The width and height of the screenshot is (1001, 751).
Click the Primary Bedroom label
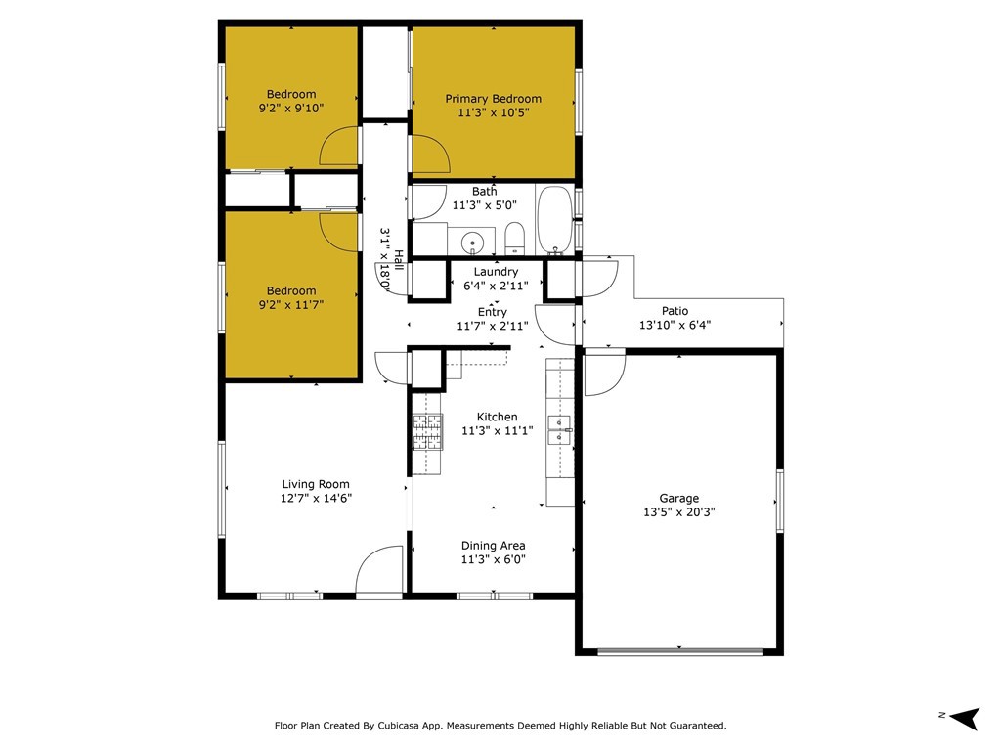click(x=493, y=99)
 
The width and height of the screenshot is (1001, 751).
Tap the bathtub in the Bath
click(x=555, y=220)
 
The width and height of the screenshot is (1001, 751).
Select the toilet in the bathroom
click(x=514, y=239)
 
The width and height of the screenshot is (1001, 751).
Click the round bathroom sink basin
click(x=472, y=243)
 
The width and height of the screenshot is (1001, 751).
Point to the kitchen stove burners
click(x=427, y=431)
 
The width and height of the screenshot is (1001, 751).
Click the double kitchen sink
click(x=560, y=430)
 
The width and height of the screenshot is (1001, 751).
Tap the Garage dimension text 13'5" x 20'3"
click(x=679, y=511)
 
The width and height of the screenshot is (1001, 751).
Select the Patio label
click(x=675, y=310)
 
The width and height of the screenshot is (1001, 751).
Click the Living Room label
click(x=316, y=484)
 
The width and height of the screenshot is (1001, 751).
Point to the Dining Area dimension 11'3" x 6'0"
click(x=494, y=559)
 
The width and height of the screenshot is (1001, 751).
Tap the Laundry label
click(x=496, y=272)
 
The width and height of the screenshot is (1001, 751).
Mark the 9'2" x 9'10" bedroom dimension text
click(x=291, y=108)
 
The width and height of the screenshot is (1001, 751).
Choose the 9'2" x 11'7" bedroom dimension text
click(x=291, y=305)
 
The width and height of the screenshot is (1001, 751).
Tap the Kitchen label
click(x=498, y=417)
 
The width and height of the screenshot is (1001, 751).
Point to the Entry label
click(x=493, y=312)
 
